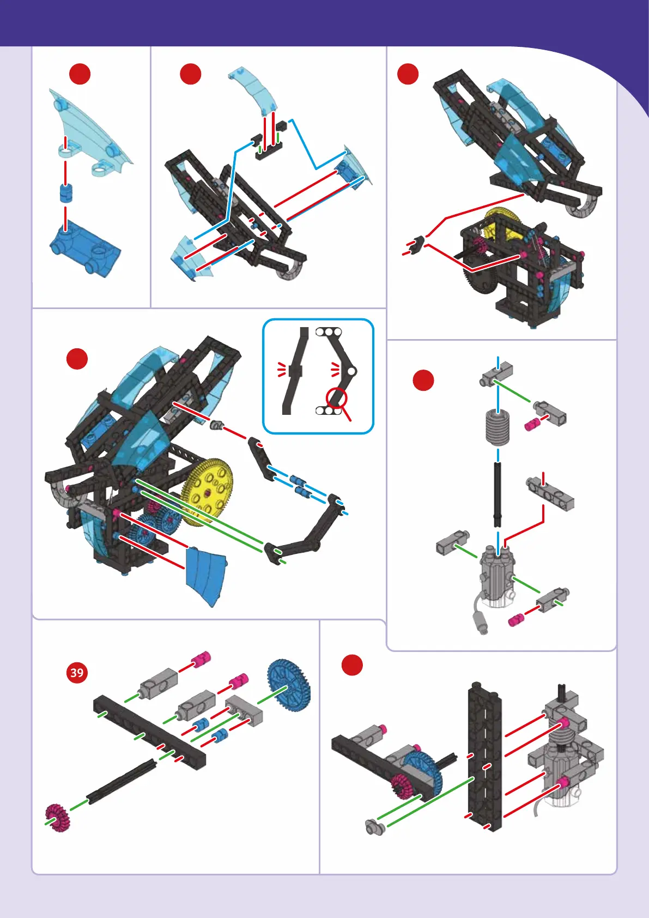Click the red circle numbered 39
pos(77,672)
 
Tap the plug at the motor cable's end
pos(480,623)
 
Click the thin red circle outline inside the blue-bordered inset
pos(337,398)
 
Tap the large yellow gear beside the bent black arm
pos(208,491)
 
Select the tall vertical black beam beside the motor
pos(484,755)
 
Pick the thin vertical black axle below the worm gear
pos(498,494)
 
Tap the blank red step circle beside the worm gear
pos(423,380)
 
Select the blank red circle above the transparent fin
pos(80,74)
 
